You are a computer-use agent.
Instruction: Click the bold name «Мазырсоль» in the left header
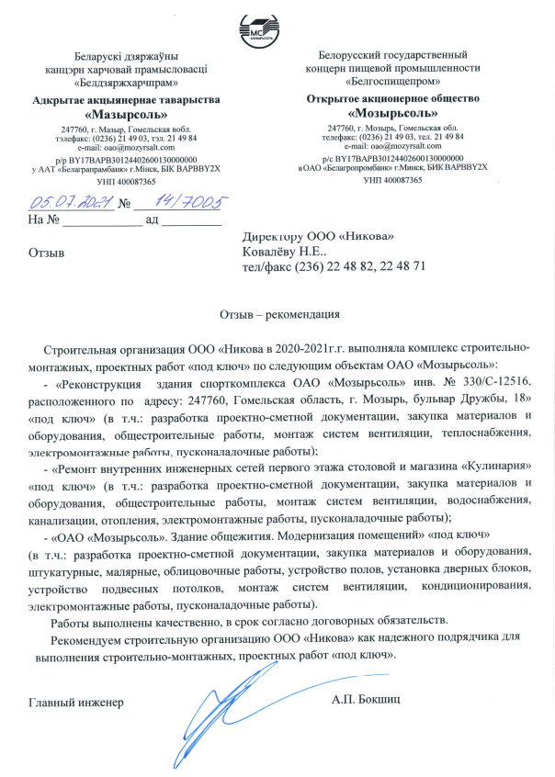(x=125, y=115)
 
